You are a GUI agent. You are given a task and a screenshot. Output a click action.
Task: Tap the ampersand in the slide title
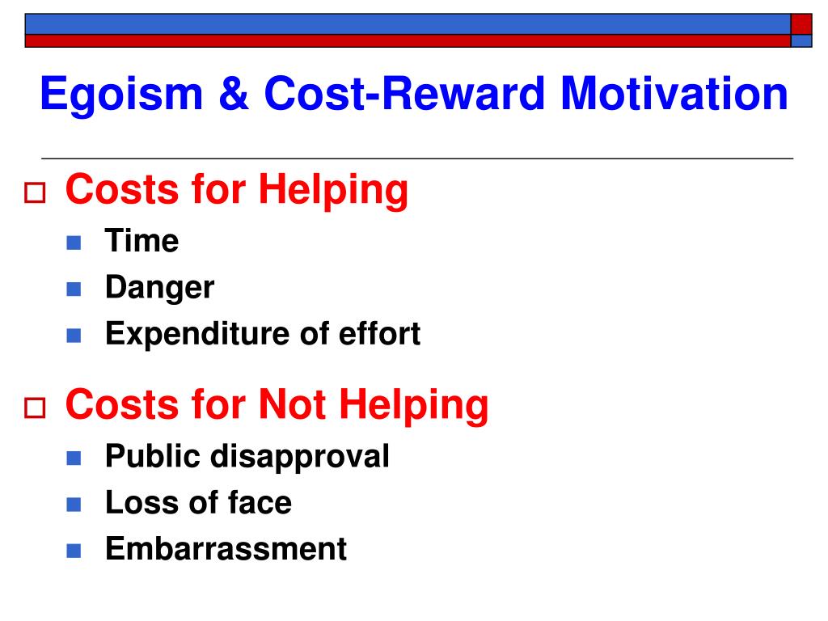[233, 94]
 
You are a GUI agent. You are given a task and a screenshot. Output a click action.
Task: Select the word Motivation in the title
[674, 94]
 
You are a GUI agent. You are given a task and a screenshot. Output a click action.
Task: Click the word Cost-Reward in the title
[404, 94]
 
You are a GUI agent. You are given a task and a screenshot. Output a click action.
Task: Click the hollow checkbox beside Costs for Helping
[36, 192]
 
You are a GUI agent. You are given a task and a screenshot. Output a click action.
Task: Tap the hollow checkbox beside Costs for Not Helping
[36, 408]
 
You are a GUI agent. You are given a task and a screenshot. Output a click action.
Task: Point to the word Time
[142, 241]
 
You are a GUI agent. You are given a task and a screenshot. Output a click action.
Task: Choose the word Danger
[159, 289]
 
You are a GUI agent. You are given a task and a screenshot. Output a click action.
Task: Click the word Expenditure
[197, 335]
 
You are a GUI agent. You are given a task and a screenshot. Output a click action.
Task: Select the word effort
[379, 334]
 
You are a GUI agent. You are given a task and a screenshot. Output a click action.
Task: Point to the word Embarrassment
[226, 549]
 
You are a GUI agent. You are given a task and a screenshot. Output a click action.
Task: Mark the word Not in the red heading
[293, 404]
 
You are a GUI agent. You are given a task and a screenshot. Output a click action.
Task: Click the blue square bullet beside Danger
[74, 289]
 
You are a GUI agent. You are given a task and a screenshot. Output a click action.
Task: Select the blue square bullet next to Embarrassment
[74, 551]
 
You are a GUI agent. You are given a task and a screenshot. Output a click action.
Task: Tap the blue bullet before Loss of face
[74, 505]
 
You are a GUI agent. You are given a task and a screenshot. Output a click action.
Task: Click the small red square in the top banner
[801, 24]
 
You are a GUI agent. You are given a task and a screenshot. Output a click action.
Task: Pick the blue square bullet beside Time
[74, 243]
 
